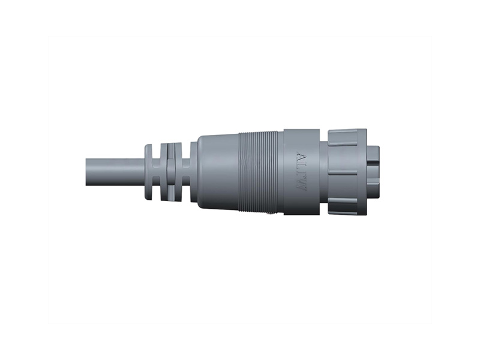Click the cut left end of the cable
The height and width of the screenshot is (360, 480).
point(88,172)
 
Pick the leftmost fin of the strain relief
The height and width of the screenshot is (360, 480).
point(149,172)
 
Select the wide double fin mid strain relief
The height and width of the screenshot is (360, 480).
point(170,172)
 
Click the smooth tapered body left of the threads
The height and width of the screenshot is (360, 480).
point(217,172)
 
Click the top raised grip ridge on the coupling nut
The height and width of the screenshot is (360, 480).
point(346,143)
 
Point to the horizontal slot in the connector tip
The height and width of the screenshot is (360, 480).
point(373,163)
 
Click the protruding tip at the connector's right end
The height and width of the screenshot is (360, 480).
point(373,172)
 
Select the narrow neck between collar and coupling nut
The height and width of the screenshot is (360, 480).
point(324,172)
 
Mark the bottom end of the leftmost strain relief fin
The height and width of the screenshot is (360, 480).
point(149,197)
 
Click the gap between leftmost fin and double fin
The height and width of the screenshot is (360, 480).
point(157,172)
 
